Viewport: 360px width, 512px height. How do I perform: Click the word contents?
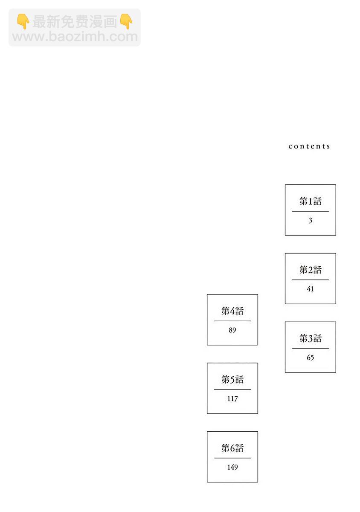(x=309, y=146)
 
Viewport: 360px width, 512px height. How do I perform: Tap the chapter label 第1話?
(x=310, y=201)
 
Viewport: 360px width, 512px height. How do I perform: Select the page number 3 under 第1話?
(x=310, y=220)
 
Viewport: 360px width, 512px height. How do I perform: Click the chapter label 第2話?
(x=310, y=270)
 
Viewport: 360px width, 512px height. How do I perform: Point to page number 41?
(x=310, y=289)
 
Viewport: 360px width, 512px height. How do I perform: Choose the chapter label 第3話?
(x=310, y=338)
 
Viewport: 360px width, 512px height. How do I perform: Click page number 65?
(x=310, y=358)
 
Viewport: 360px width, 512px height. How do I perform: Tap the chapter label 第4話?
(x=232, y=311)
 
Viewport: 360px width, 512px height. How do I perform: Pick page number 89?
(x=232, y=330)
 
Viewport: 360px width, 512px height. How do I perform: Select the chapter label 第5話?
(x=232, y=379)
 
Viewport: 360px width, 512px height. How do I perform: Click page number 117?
(x=232, y=399)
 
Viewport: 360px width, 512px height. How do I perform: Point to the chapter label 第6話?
(x=232, y=448)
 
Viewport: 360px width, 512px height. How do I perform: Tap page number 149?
(x=232, y=467)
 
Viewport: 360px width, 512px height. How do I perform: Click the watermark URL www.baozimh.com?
(x=75, y=37)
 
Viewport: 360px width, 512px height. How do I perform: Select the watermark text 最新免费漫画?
(x=75, y=22)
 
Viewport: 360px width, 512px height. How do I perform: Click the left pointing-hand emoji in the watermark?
(x=23, y=21)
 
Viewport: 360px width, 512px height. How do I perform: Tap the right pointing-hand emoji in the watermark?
(x=126, y=21)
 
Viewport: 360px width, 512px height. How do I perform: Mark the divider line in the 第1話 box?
(x=310, y=211)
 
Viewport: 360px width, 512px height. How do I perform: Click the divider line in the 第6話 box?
(x=232, y=458)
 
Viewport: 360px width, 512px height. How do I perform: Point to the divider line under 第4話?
(x=232, y=321)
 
